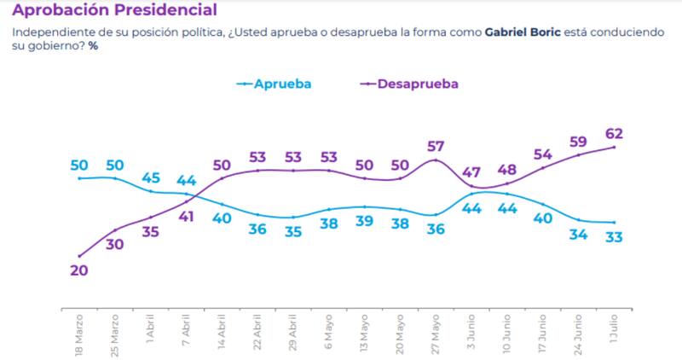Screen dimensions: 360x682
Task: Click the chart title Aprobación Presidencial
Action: click(x=113, y=10)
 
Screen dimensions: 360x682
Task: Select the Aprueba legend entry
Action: click(x=281, y=84)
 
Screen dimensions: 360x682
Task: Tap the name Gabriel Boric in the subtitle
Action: click(x=523, y=32)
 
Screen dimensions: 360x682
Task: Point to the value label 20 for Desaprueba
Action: click(x=79, y=270)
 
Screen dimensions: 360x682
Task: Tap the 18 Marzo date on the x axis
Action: click(x=79, y=338)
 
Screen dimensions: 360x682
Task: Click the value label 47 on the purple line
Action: click(x=471, y=172)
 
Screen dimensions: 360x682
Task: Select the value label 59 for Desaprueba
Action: click(x=579, y=142)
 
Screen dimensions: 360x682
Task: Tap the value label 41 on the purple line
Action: click(x=187, y=217)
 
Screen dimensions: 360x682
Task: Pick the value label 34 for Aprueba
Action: click(x=579, y=235)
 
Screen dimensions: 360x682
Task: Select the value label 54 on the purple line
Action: click(x=543, y=154)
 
